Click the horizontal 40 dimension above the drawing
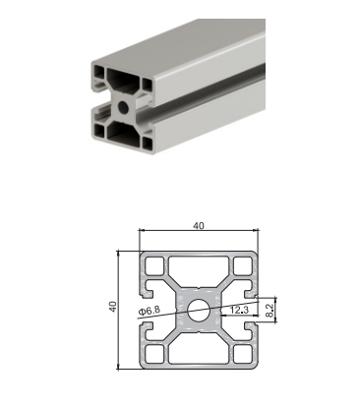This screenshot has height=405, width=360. coord(199,226)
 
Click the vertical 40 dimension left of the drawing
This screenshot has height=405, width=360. coord(113,307)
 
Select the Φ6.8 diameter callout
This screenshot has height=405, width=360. coord(150,311)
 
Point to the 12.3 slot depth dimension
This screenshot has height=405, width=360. coord(239,310)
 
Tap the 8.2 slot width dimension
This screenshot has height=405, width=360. coord(269,310)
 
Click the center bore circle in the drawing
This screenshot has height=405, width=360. coord(199,310)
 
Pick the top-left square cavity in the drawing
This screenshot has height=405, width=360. coord(154,266)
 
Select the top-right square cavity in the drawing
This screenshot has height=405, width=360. coord(243,266)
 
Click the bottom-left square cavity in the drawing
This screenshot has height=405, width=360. coord(154,354)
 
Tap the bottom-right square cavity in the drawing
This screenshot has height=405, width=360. coord(243,354)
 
